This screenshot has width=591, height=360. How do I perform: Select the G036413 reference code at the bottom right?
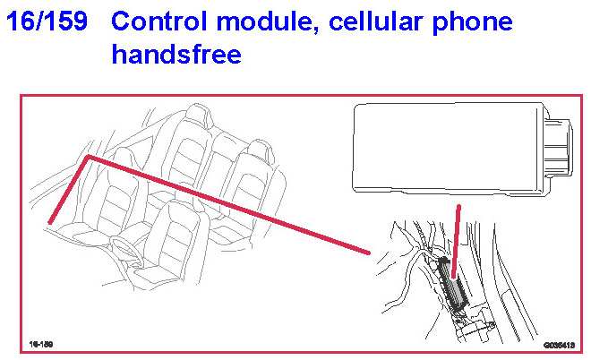[x=557, y=343]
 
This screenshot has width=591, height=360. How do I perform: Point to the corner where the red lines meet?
[x=88, y=158]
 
